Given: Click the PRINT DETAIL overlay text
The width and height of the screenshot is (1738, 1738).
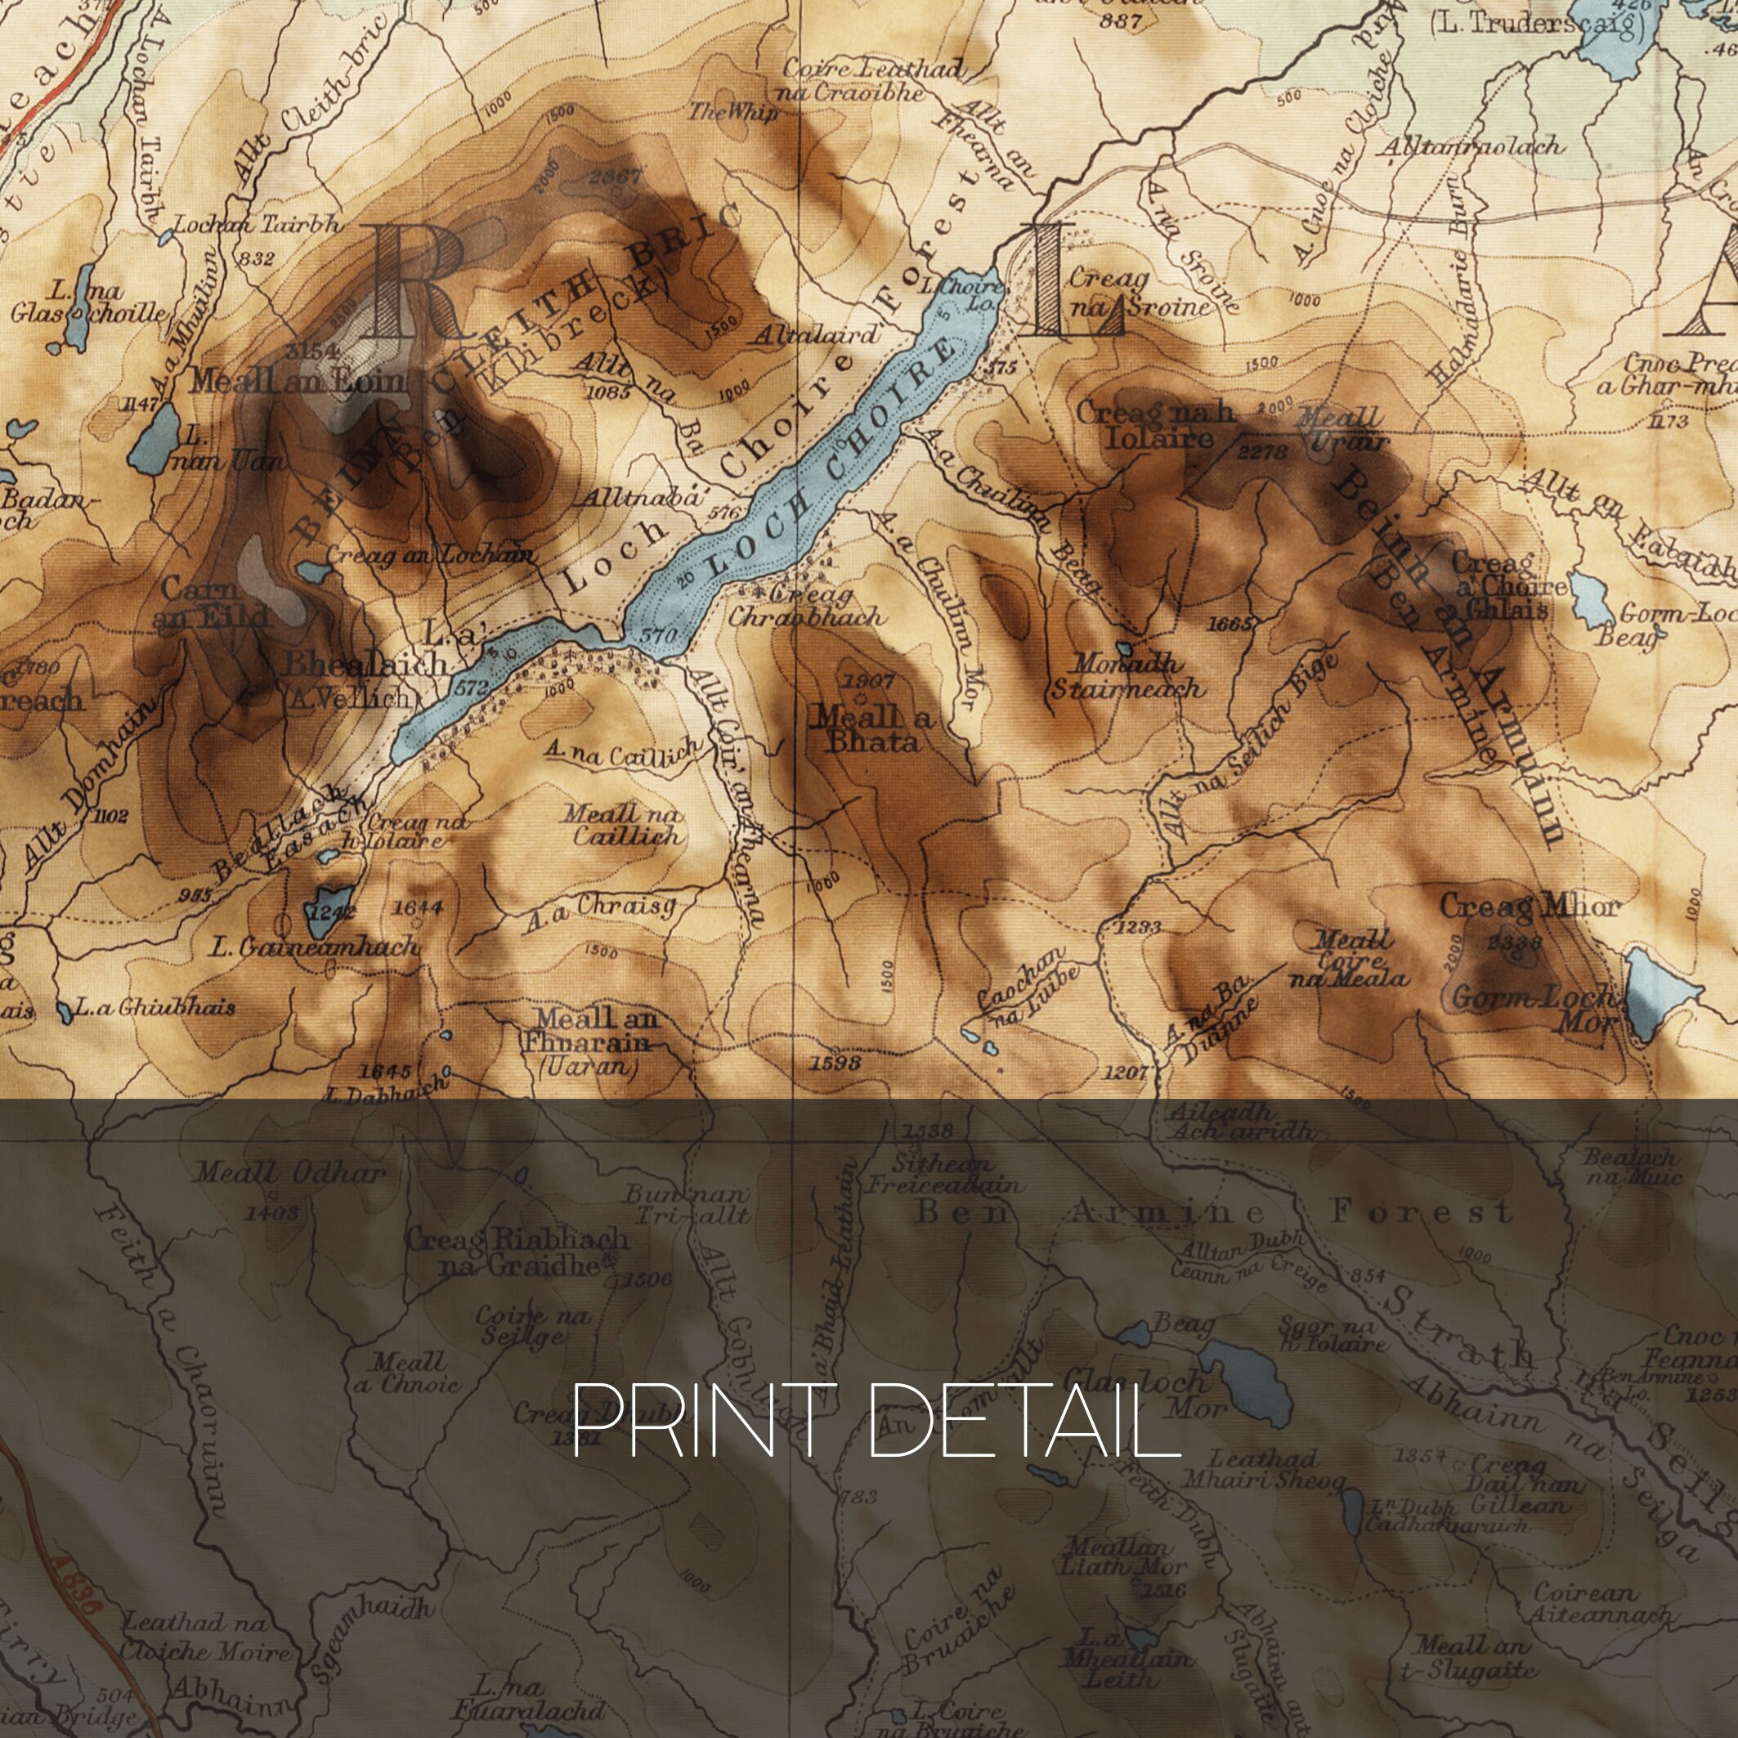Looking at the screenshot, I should click(876, 1419).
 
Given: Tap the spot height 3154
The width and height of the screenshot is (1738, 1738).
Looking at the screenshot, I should click(312, 351).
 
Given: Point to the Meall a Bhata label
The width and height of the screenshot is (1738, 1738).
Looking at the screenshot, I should click(871, 728).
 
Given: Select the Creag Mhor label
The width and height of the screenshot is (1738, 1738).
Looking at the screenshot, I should click(1529, 906).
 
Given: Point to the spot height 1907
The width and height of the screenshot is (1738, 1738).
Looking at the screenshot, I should click(867, 681).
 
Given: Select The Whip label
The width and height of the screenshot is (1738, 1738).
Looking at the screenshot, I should click(733, 111).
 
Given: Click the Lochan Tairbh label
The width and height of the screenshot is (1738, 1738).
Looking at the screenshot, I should click(257, 225).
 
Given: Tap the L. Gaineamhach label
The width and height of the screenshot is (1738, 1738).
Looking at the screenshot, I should click(314, 947).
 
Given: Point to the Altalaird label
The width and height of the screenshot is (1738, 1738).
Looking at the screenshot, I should click(816, 335).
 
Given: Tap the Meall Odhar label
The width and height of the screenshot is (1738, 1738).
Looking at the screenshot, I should click(290, 1173).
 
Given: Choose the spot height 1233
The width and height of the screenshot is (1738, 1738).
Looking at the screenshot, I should click(1137, 926).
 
